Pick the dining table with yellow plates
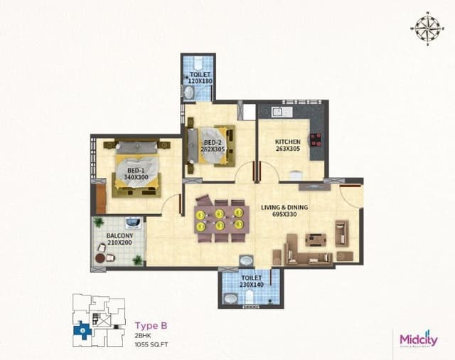click(x=220, y=219)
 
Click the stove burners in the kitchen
click(x=315, y=139)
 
